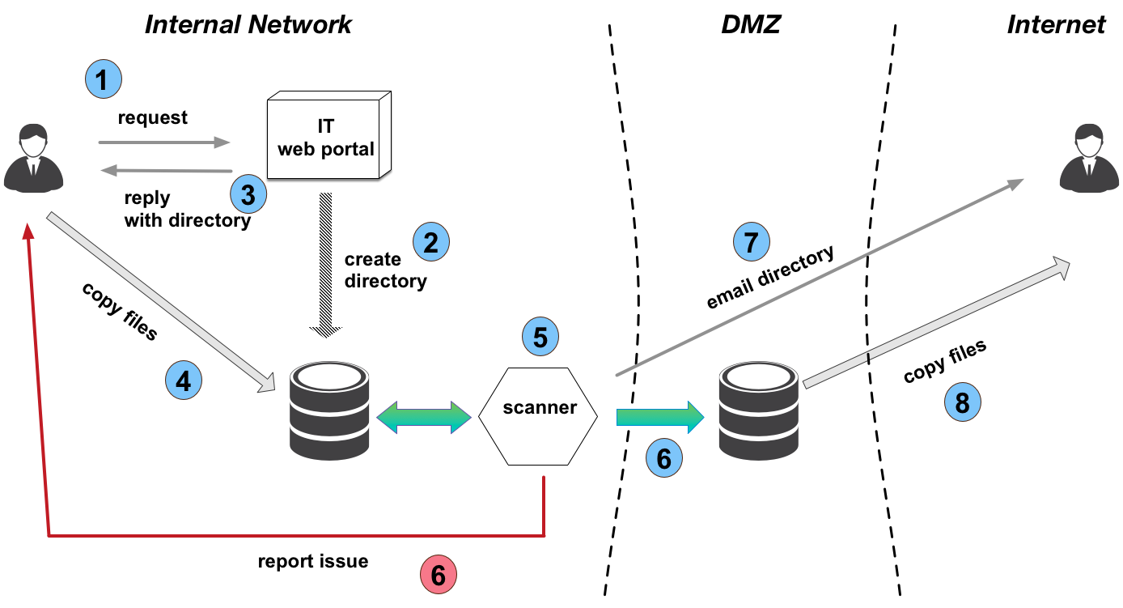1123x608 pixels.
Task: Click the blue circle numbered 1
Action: point(103,80)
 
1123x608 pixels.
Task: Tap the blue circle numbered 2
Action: point(430,242)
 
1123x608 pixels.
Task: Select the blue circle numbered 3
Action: point(248,194)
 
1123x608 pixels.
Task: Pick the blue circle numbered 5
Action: point(540,337)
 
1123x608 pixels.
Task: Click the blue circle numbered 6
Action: point(663,459)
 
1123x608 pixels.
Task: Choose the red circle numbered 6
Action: point(438,575)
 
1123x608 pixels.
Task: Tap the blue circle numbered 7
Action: point(752,241)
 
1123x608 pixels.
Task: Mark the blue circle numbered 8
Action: point(962,402)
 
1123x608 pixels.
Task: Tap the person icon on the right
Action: point(1089,158)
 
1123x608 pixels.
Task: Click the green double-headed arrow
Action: point(424,416)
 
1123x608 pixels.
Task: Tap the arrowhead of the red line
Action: point(29,232)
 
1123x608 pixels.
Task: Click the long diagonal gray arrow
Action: point(817,278)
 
